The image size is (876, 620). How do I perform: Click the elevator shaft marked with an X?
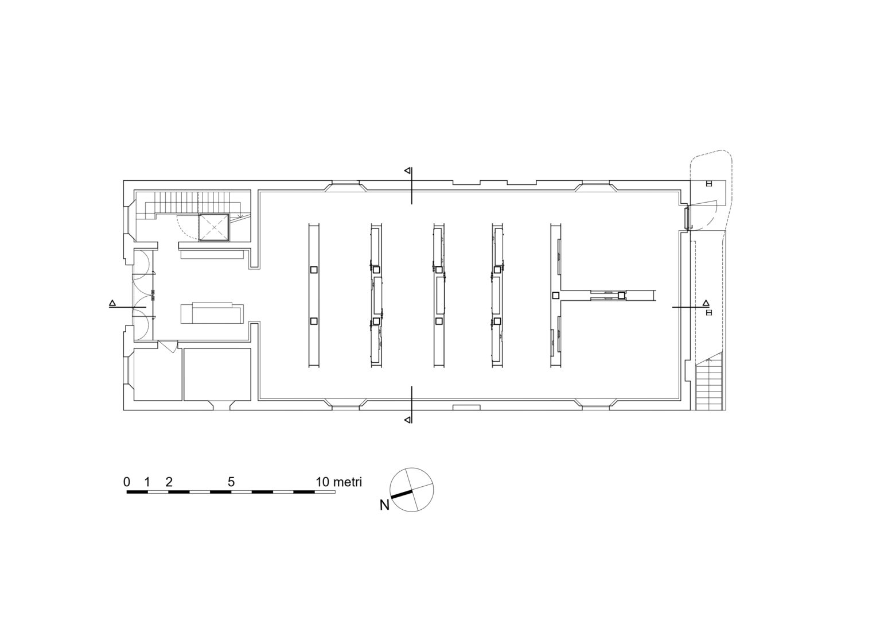point(213,227)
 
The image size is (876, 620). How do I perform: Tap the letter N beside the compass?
point(384,505)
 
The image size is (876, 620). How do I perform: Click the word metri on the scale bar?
point(348,482)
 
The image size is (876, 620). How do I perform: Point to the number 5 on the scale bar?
point(231,482)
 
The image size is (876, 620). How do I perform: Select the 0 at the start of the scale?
point(127,482)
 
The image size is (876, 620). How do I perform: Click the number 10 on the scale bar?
point(322,482)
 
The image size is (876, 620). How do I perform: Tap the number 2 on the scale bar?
point(169,482)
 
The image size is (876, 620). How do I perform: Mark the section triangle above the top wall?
point(407,170)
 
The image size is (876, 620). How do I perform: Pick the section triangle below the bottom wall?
point(407,420)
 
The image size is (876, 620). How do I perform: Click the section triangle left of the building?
point(112,303)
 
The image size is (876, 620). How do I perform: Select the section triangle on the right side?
point(706,303)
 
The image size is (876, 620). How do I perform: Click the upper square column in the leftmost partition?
point(314,270)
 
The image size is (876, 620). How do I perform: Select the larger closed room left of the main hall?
point(217,374)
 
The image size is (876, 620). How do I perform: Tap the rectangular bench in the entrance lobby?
point(212,313)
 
